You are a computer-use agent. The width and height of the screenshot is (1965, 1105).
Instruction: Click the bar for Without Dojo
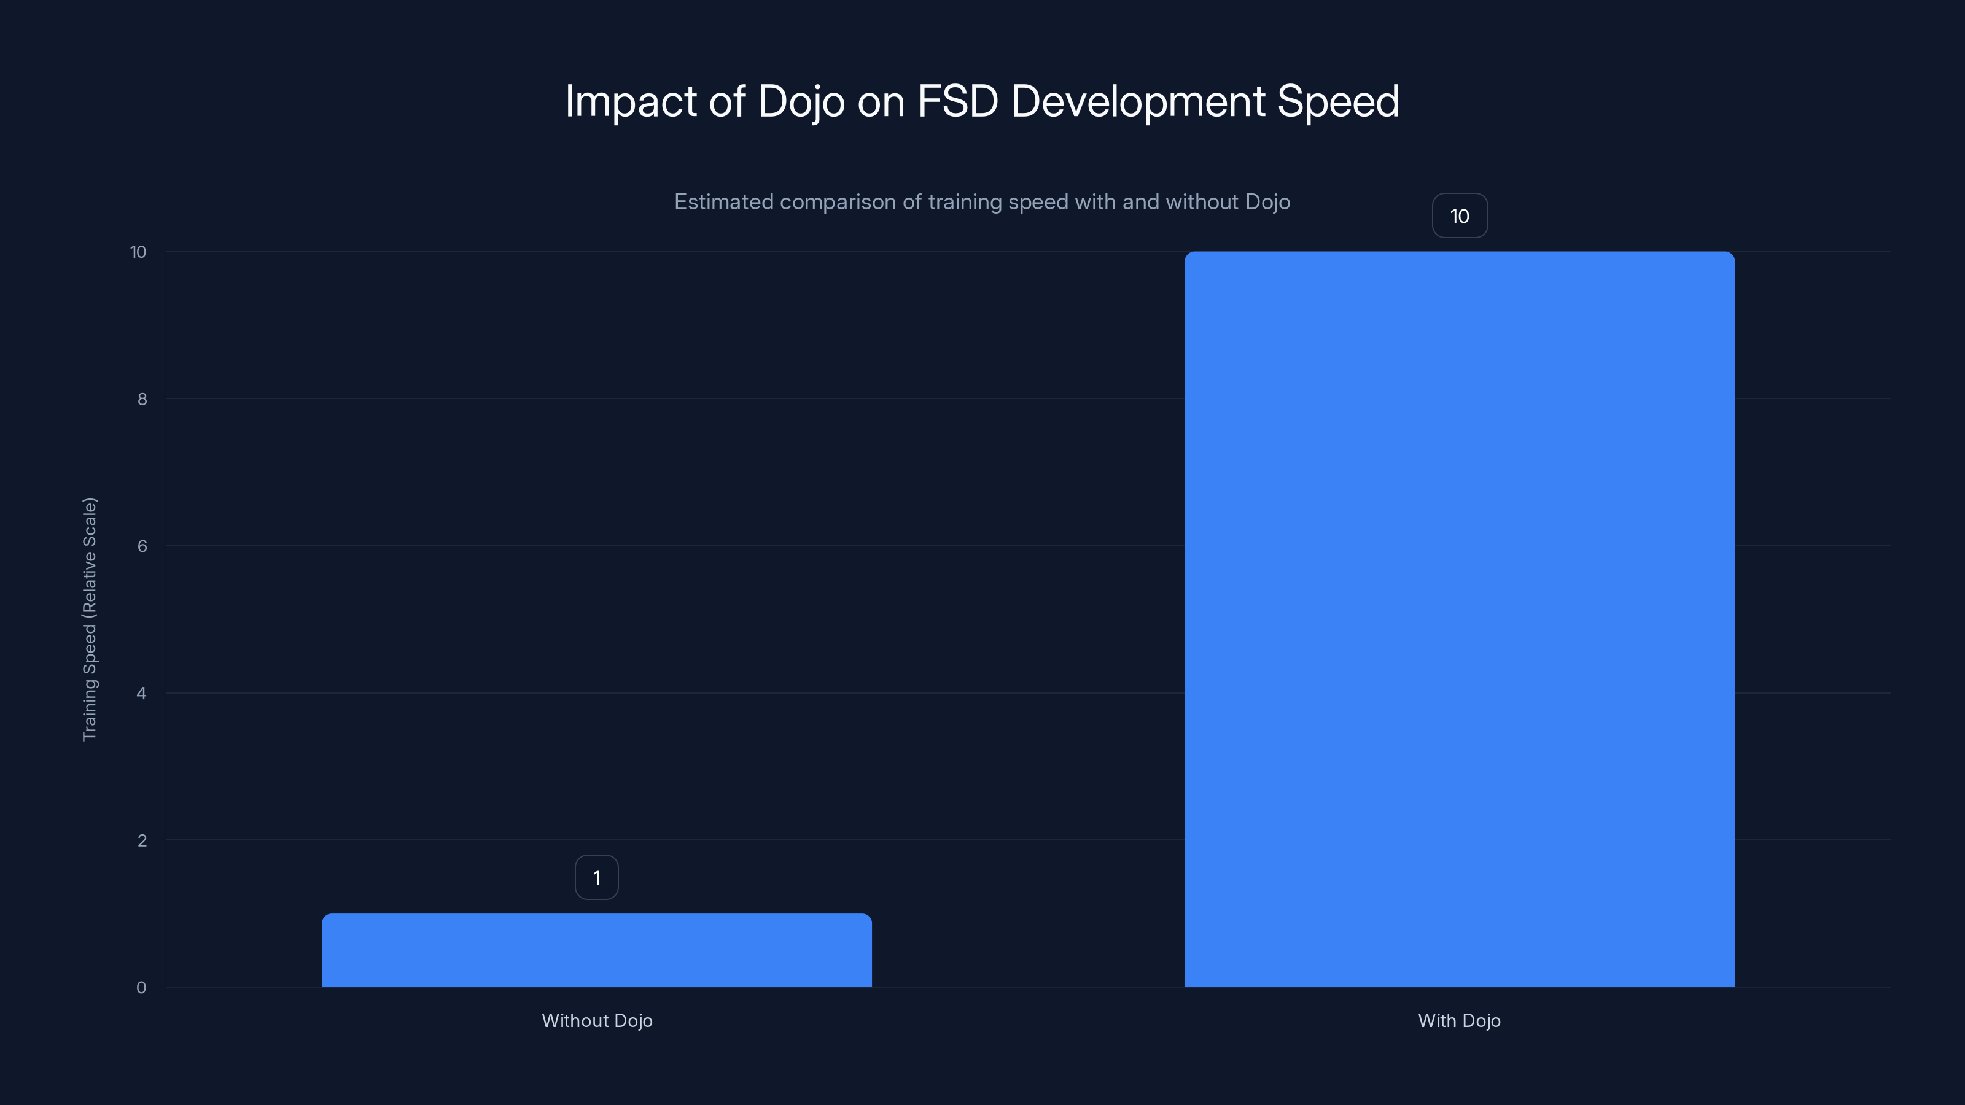click(x=596, y=950)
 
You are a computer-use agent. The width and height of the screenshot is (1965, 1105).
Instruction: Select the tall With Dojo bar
click(x=1459, y=619)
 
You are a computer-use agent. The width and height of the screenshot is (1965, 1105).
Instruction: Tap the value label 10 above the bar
click(x=1459, y=217)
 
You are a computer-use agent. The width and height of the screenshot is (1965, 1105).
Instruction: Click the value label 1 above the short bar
click(x=596, y=878)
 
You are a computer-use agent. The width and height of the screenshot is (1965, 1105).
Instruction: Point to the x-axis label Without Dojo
click(x=596, y=1020)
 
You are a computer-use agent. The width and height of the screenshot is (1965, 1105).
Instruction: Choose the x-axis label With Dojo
click(x=1458, y=1020)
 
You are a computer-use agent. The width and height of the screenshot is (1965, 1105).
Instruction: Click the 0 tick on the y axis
click(x=141, y=988)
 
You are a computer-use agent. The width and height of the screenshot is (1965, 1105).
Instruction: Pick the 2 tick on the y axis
click(x=142, y=840)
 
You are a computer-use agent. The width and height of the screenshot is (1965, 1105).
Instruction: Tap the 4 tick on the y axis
click(x=141, y=693)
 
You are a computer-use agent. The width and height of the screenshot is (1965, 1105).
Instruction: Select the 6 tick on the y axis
click(x=142, y=546)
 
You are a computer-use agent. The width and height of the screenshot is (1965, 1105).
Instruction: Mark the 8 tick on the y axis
click(x=142, y=399)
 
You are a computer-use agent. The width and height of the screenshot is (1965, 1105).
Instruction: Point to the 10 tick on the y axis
click(x=138, y=252)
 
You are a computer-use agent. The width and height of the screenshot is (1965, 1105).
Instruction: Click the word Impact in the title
click(x=631, y=101)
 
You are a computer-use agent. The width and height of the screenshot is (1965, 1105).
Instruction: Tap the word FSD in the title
click(x=957, y=101)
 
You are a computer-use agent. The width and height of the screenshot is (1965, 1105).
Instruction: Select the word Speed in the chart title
click(x=1338, y=101)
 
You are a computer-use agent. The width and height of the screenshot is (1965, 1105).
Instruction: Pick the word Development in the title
click(x=1138, y=101)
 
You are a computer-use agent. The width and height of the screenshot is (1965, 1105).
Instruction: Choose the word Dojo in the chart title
click(x=801, y=101)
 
